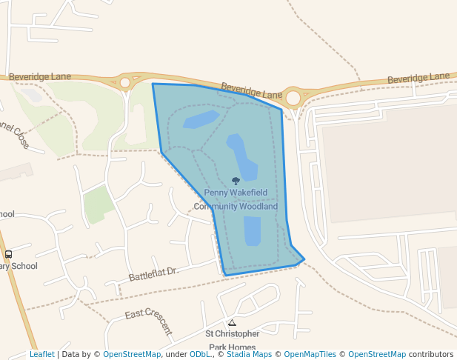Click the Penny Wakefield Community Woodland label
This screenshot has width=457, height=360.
click(x=236, y=199)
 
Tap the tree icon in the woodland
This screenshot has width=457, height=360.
click(x=236, y=181)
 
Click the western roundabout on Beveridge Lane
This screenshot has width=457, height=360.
click(x=125, y=82)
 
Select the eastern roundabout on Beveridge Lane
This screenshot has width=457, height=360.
click(x=294, y=97)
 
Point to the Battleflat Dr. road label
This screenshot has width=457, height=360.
click(x=154, y=273)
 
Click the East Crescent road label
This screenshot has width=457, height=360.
click(x=148, y=322)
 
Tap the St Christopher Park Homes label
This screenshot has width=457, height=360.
click(x=233, y=340)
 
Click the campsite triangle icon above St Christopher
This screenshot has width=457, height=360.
click(x=232, y=322)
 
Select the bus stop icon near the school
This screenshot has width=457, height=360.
click(x=8, y=254)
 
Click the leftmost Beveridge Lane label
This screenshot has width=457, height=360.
click(x=40, y=76)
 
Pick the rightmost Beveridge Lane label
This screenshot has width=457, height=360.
click(x=418, y=77)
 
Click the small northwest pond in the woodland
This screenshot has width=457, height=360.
click(x=201, y=119)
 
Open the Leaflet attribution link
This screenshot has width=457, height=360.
click(x=41, y=354)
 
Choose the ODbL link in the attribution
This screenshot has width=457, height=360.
click(x=199, y=354)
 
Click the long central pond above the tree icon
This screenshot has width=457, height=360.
click(x=242, y=156)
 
